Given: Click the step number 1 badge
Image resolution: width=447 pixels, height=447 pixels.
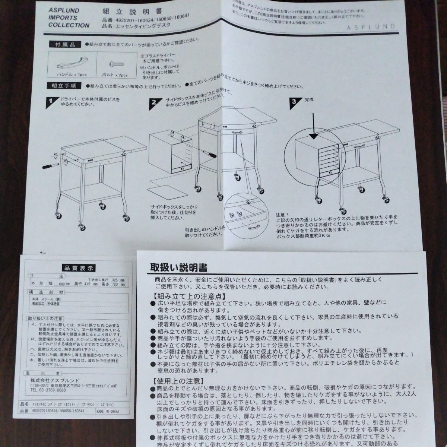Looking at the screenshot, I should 50,102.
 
